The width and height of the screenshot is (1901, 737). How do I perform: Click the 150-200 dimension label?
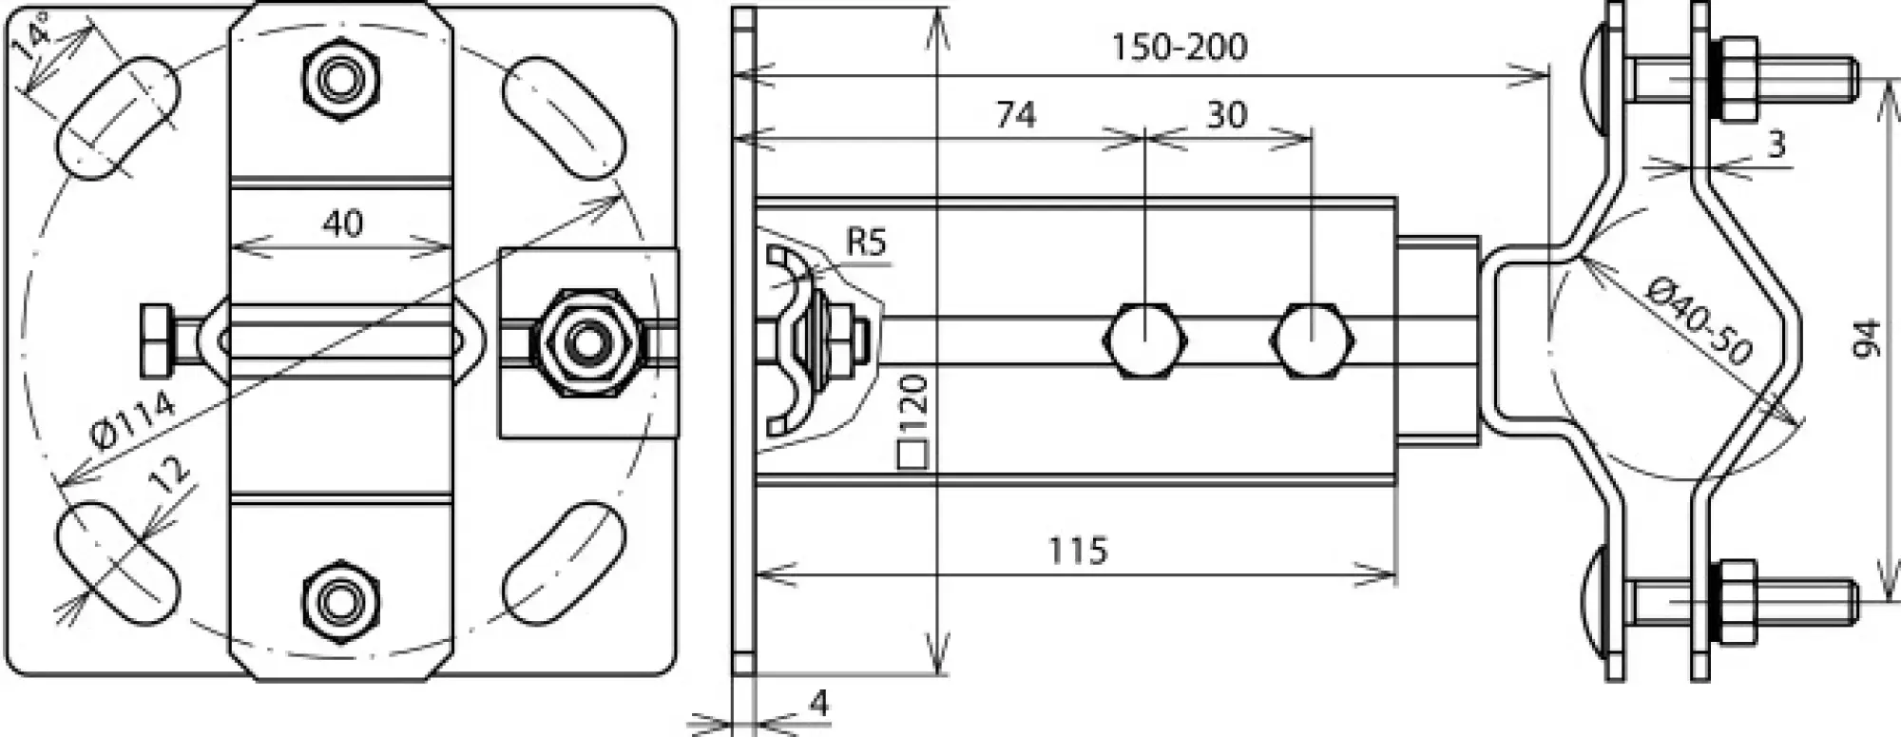pos(1180,47)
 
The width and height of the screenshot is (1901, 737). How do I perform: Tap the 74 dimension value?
pos(1015,115)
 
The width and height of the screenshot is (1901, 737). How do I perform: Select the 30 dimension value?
pos(1226,115)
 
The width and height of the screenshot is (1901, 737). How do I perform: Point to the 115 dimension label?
pos(1078,551)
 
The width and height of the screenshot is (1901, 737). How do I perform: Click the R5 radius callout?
pos(865,243)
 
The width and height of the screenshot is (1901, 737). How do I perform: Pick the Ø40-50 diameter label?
pos(1700,320)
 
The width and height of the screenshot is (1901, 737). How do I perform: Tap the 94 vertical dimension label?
pos(1867,339)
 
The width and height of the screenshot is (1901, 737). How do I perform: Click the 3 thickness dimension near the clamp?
pos(1776,145)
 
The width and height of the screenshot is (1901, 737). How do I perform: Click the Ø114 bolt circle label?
pos(133,421)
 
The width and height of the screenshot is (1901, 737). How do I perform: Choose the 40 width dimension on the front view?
pos(342,223)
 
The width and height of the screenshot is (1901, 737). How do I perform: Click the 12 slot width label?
pos(171,474)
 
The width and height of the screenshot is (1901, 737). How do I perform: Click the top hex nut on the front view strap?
pos(340,79)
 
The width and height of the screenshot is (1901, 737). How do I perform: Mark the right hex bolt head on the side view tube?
pos(1313,341)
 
